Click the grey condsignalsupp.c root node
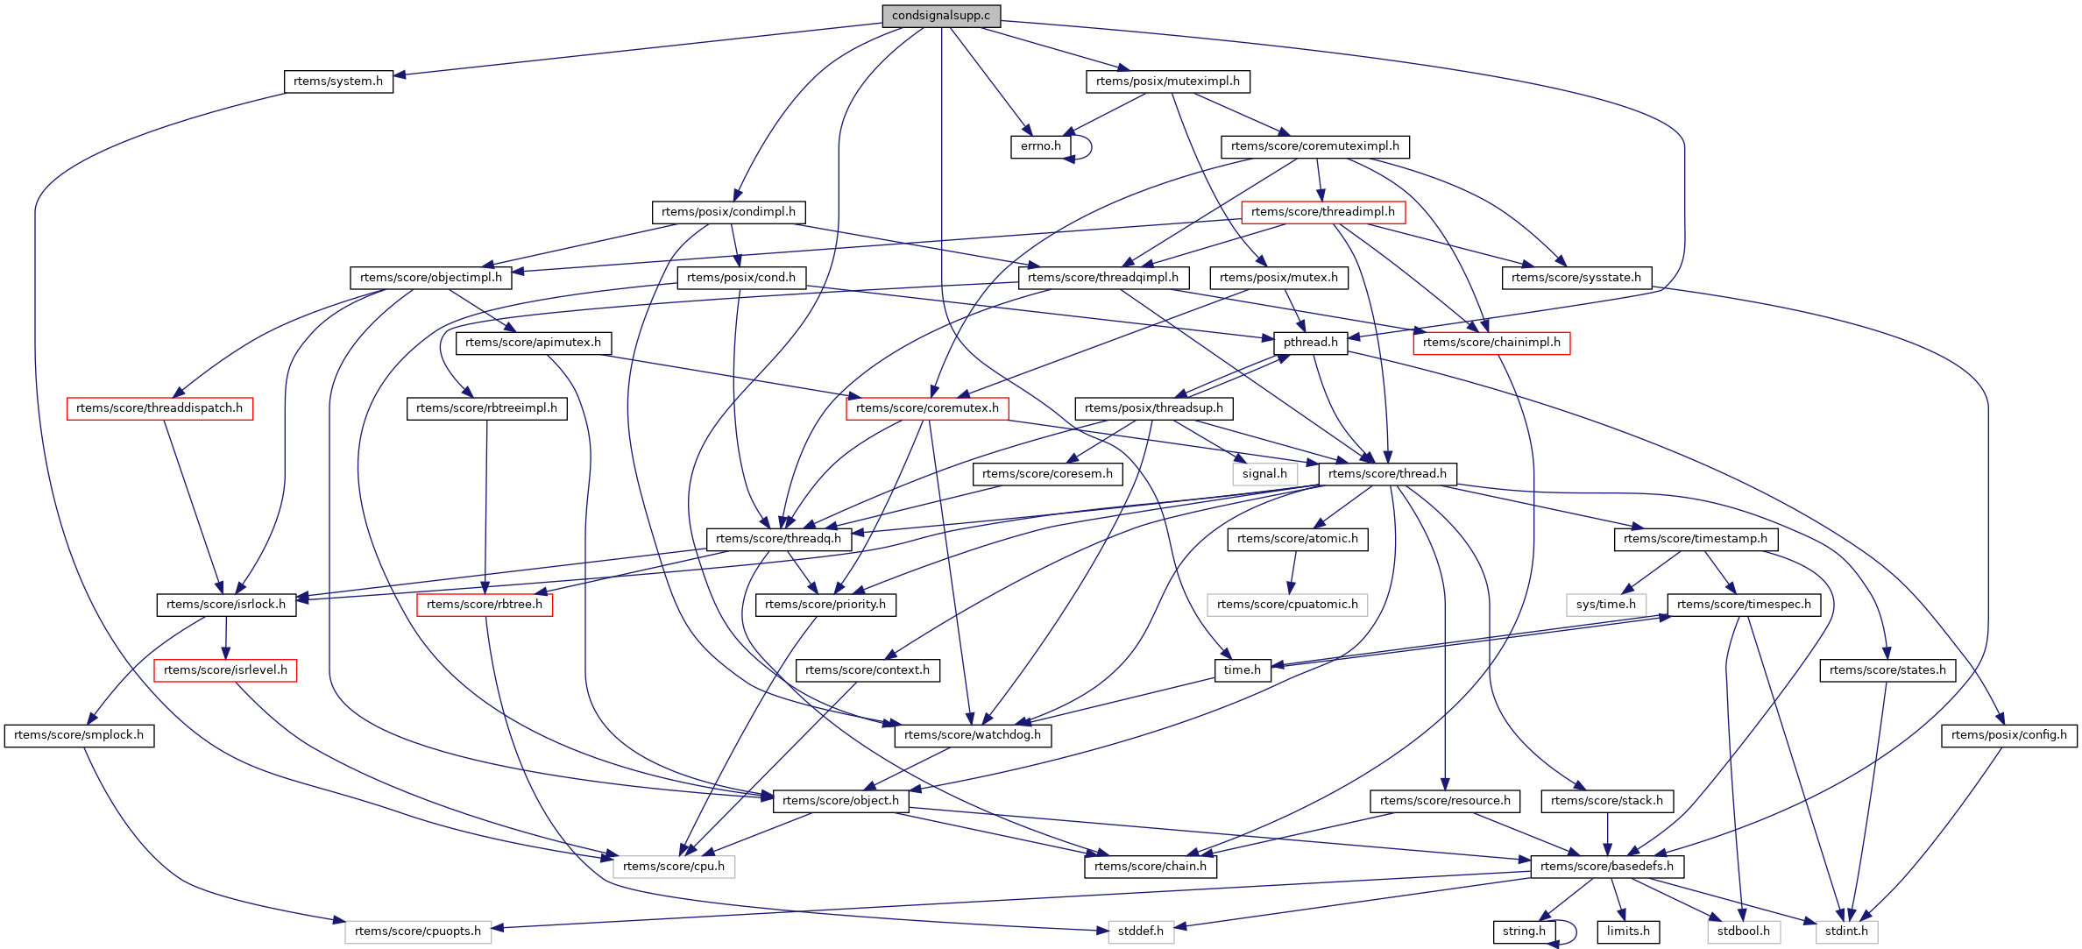pyautogui.click(x=940, y=16)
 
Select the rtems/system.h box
pyautogui.click(x=338, y=81)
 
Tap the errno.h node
pyautogui.click(x=1040, y=146)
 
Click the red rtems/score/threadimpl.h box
pyautogui.click(x=1322, y=212)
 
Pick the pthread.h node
pyautogui.click(x=1310, y=343)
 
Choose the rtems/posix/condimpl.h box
pyautogui.click(x=728, y=212)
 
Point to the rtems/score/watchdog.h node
pyautogui.click(x=972, y=735)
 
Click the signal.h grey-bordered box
pyautogui.click(x=1264, y=474)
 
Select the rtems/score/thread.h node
pyautogui.click(x=1387, y=474)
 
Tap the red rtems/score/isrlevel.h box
pyautogui.click(x=225, y=670)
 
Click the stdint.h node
pyautogui.click(x=1846, y=931)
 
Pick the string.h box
pyautogui.click(x=1524, y=931)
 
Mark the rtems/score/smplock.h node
pyautogui.click(x=79, y=735)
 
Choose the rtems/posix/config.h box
pyautogui.click(x=2008, y=735)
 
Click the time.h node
pyautogui.click(x=1242, y=670)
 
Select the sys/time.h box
pyautogui.click(x=1605, y=605)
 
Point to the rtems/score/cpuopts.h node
pyautogui.click(x=418, y=931)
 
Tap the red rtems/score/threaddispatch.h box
pyautogui.click(x=159, y=408)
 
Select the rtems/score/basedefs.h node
pyautogui.click(x=1606, y=867)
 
